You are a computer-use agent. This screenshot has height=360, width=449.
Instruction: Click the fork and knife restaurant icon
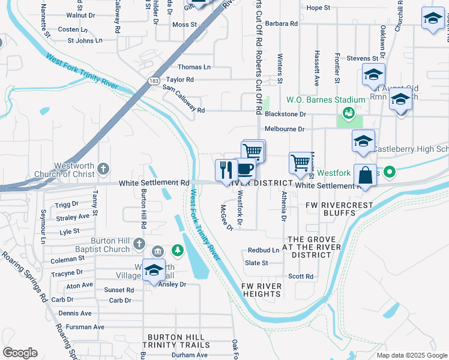click(226, 170)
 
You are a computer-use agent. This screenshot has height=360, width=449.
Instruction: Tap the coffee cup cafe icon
click(245, 169)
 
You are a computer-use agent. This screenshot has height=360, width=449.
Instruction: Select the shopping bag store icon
click(364, 175)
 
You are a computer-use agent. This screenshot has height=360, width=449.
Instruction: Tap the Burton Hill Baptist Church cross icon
click(139, 243)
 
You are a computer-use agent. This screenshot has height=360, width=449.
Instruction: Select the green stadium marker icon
click(347, 112)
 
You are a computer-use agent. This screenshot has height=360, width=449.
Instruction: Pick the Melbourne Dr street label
click(285, 129)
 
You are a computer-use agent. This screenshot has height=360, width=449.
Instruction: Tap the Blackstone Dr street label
click(285, 113)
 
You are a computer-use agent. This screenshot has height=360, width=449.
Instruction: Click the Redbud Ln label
click(264, 250)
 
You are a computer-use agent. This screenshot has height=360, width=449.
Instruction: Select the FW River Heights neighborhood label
click(262, 290)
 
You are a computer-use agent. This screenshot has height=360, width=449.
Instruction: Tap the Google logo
click(20, 353)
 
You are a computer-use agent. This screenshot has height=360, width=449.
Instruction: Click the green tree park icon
click(177, 249)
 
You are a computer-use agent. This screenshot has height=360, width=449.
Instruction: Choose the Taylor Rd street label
click(180, 79)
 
